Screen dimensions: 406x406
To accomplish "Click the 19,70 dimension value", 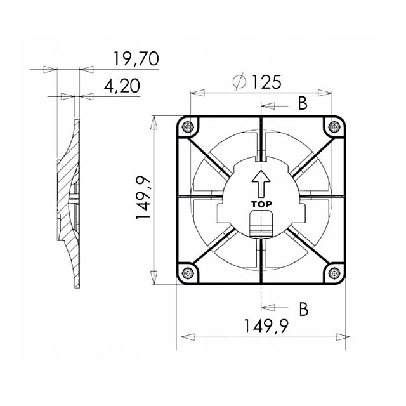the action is [136, 59].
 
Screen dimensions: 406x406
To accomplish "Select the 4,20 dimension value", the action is [122, 86].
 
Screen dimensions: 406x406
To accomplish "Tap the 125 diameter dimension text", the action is [266, 82].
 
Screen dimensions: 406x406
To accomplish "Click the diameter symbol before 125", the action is [239, 82].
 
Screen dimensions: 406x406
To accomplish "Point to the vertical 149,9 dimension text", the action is [143, 197].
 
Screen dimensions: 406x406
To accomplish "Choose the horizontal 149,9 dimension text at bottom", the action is [266, 326].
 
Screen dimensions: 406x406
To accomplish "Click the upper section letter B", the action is [303, 103].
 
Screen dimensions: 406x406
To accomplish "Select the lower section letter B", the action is [303, 309].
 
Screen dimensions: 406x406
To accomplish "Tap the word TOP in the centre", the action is [261, 204].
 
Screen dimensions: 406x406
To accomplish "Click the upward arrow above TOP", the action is [261, 183].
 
